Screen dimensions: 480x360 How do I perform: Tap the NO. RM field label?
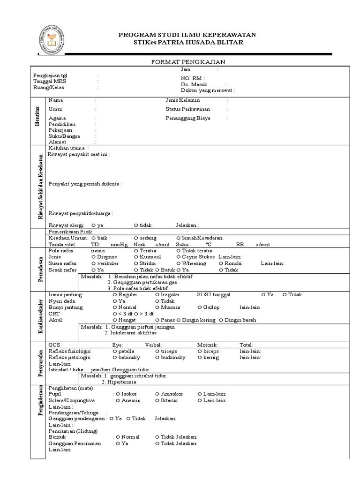192,78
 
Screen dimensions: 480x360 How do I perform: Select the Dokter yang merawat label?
207,90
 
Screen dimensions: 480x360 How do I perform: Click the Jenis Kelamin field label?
183,100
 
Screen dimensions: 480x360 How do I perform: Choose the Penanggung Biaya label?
188,118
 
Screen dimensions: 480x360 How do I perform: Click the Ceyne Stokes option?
195,257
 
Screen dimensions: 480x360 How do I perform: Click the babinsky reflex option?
127,357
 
